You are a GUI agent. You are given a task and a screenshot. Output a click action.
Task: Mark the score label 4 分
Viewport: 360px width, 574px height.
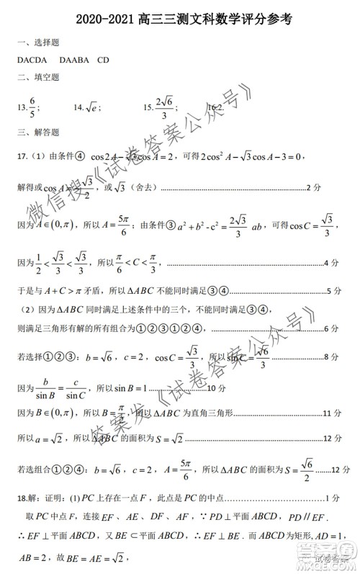(x=332, y=264)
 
